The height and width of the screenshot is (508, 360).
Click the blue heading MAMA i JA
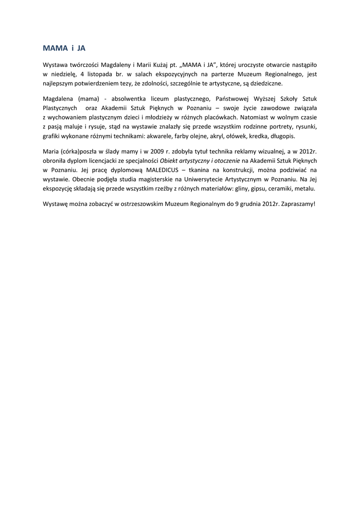pyautogui.click(x=64, y=49)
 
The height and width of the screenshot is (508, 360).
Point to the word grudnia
pyautogui.click(x=249, y=204)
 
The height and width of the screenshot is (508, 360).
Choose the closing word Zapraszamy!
pyautogui.click(x=298, y=204)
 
